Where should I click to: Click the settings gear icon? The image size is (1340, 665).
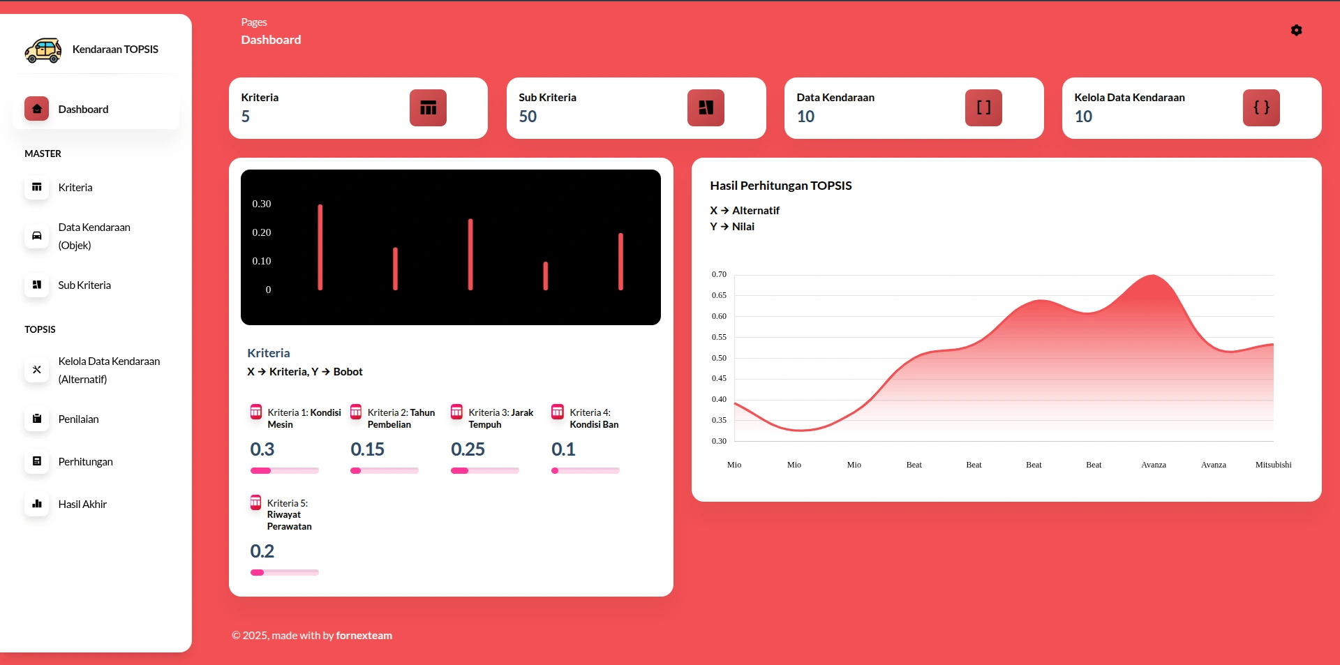pos(1296,30)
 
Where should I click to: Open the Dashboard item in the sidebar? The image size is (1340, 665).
pos(83,110)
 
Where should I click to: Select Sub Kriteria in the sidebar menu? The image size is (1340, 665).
pos(84,285)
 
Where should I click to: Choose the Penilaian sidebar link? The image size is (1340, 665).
pos(78,419)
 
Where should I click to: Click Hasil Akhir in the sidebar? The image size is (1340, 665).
pos(82,505)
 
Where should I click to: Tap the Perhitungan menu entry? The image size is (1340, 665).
pos(85,462)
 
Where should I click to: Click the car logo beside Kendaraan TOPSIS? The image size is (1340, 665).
pos(43,50)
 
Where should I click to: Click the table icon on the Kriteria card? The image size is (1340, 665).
pos(428,108)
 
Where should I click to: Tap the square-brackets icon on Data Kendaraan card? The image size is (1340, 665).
pos(983,108)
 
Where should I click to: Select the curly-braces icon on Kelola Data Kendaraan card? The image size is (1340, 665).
pos(1261,108)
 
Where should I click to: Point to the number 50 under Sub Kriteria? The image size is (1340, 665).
pos(528,117)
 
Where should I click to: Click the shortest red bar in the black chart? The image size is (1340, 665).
pos(546,276)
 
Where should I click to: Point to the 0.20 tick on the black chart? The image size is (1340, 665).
pos(262,232)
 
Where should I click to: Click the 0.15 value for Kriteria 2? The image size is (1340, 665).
pos(367,449)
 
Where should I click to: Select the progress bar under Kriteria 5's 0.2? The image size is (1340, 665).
pos(285,573)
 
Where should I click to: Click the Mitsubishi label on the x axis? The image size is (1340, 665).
pos(1273,465)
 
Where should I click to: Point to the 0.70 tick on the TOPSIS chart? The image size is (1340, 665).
pos(719,274)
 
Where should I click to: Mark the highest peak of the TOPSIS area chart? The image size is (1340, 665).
pos(1152,276)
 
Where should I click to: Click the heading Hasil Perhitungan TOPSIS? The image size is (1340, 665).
pos(780,186)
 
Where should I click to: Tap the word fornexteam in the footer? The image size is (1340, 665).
pos(364,636)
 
